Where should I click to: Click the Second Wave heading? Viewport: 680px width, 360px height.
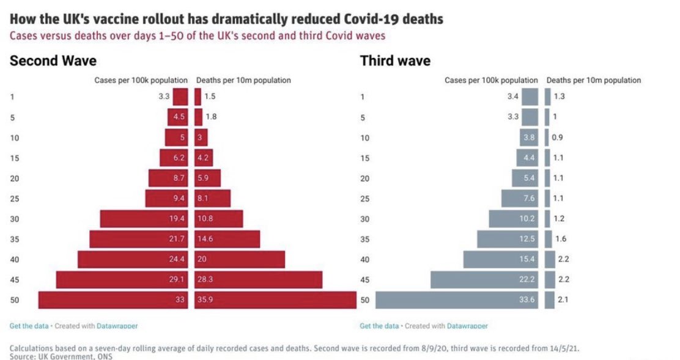coord(53,61)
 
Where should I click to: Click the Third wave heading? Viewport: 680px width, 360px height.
coord(395,61)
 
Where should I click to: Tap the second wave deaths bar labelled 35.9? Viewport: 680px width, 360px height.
coord(275,300)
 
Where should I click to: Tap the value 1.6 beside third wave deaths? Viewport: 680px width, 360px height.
coord(561,239)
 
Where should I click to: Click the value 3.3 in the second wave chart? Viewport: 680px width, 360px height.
coord(163,97)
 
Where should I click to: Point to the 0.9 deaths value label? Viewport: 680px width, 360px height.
coord(557,138)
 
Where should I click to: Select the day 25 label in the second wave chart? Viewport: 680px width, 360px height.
coord(15,199)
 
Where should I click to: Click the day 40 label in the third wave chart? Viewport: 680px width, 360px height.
coord(365,260)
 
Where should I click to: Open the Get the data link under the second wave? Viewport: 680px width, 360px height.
coord(28,326)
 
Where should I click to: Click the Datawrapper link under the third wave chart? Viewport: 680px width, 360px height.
coord(467,326)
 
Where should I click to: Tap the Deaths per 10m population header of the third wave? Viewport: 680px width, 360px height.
coord(593,80)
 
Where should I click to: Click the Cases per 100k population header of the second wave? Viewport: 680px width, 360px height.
coord(141,80)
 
